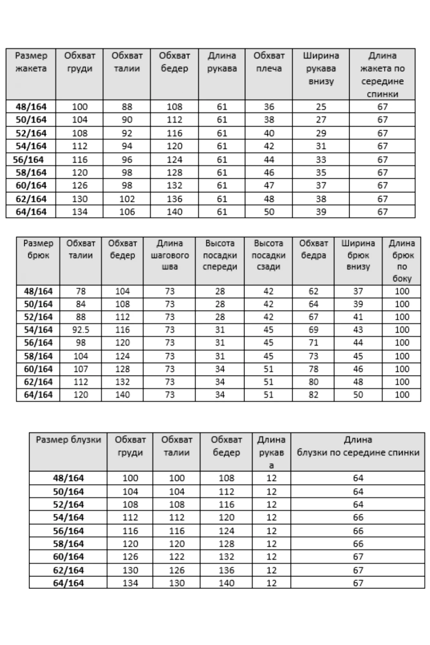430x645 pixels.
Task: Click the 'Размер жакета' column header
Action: [31, 62]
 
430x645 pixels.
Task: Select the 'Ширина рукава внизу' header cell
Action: [321, 68]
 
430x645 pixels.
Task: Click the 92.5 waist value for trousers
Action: [81, 330]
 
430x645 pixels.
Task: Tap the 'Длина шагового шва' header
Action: [169, 255]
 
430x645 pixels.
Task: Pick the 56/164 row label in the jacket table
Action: [28, 160]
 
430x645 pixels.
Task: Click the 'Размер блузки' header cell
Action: [68, 440]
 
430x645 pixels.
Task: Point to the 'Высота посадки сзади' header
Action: [268, 255]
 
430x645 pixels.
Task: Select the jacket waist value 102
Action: [127, 199]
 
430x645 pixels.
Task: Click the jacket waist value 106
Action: [127, 212]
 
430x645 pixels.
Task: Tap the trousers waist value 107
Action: [81, 369]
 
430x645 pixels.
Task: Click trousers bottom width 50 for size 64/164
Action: [358, 395]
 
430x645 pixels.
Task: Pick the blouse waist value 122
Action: [176, 557]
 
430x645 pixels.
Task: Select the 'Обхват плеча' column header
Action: [269, 62]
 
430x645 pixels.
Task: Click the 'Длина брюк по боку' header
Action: [402, 261]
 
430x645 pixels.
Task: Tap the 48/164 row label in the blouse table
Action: [68, 478]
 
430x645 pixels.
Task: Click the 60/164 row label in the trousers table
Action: [38, 369]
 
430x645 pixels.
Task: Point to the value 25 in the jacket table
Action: [321, 107]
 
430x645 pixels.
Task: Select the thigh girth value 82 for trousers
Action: [313, 395]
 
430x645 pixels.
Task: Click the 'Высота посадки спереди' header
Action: [220, 255]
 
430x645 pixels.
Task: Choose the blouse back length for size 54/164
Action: [358, 517]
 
